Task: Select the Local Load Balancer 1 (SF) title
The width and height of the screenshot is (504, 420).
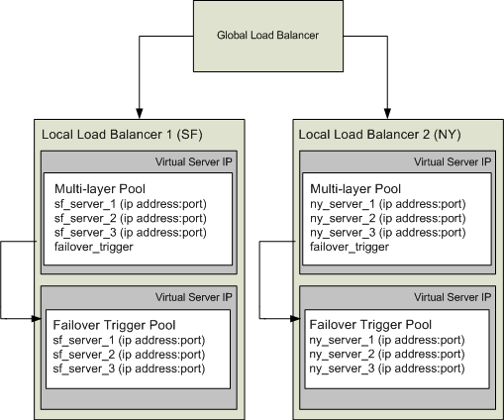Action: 115,133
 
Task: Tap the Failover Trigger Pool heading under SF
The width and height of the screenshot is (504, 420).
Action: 111,324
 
